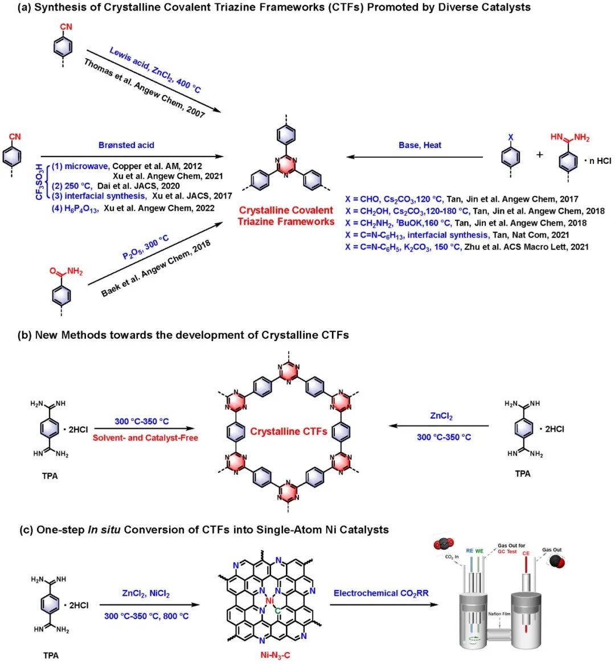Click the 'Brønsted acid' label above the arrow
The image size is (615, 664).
pyautogui.click(x=126, y=145)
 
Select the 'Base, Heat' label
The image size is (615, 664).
pyautogui.click(x=420, y=145)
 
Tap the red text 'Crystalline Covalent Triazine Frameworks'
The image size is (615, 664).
pyautogui.click(x=286, y=216)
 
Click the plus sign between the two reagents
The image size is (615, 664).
pyautogui.click(x=539, y=154)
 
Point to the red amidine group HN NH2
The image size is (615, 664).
pyautogui.click(x=570, y=138)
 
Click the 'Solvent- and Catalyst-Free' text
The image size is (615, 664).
pyautogui.click(x=145, y=438)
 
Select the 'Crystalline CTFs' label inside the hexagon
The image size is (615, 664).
pyautogui.click(x=288, y=432)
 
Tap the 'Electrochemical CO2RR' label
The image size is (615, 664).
pyautogui.click(x=381, y=593)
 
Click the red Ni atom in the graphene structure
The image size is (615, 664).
pyautogui.click(x=270, y=600)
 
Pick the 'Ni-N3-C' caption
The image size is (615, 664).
pyautogui.click(x=275, y=655)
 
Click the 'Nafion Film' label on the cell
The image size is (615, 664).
pyautogui.click(x=499, y=613)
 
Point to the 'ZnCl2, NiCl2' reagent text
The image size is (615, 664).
pyautogui.click(x=146, y=593)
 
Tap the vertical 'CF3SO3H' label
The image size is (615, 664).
pyautogui.click(x=39, y=181)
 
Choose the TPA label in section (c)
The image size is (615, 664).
pyautogui.click(x=51, y=655)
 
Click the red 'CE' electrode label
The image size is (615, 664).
pyautogui.click(x=526, y=553)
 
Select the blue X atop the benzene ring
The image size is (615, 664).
pyautogui.click(x=510, y=138)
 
